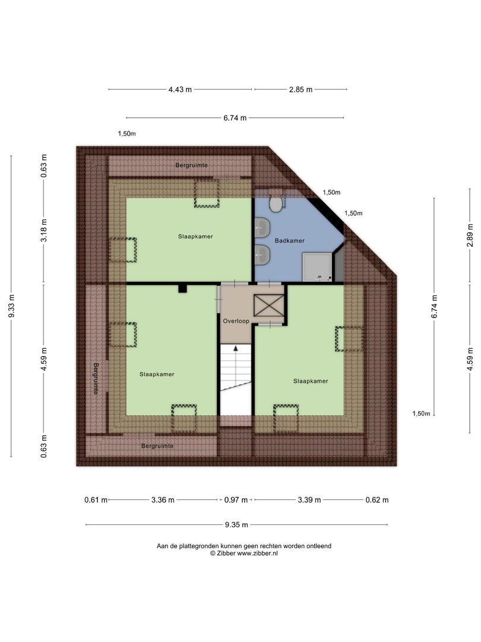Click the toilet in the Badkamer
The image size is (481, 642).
276,203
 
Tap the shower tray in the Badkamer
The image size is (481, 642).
317,267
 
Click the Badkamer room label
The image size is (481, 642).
290,241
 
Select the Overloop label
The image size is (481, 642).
236,321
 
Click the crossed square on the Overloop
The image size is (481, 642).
268,306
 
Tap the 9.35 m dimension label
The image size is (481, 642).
236,524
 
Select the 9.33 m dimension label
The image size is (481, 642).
12,306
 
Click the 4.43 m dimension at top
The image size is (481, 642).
180,89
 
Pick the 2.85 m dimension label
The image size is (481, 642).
300,89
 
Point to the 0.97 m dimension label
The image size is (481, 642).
236,500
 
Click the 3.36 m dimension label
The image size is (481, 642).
163,500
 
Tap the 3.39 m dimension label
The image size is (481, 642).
309,500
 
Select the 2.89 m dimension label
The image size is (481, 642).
470,235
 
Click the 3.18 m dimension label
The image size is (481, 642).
44,231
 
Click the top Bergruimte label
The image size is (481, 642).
191,165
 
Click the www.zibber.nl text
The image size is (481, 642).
257,553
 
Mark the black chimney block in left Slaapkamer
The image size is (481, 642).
182,288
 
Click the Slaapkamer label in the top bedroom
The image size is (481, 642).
195,236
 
